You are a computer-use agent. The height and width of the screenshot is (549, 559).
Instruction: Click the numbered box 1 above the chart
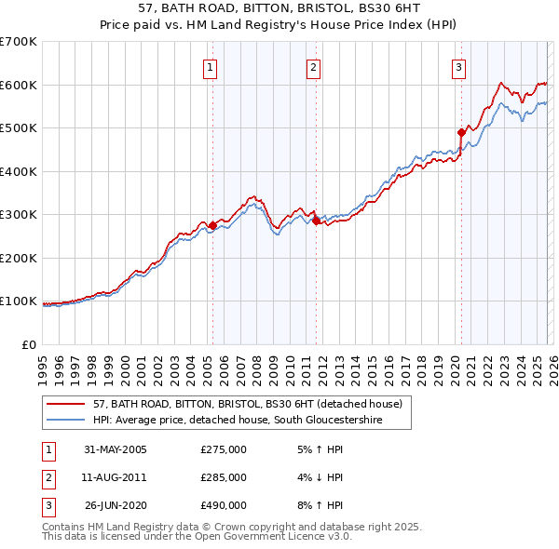click(x=211, y=67)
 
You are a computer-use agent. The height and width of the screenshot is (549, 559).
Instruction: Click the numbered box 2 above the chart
click(x=314, y=67)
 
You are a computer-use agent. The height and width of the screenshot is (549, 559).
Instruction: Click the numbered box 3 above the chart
click(x=459, y=67)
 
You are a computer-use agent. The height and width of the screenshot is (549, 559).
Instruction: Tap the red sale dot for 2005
click(x=212, y=225)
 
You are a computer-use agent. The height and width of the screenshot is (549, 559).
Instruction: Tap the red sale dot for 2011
click(x=316, y=221)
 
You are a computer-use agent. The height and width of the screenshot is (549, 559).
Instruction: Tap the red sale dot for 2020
click(x=461, y=132)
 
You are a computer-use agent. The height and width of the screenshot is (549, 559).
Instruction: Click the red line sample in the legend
click(x=66, y=405)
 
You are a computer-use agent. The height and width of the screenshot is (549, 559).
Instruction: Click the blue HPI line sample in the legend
click(x=66, y=421)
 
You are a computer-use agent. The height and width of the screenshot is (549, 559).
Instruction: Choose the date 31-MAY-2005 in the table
click(x=116, y=449)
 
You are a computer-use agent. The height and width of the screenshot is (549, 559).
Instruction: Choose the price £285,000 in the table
click(x=224, y=477)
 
